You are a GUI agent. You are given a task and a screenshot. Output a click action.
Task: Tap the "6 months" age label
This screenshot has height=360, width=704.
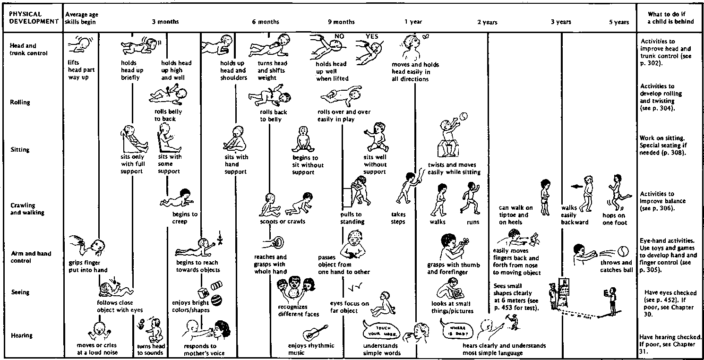pyautogui.click(x=265, y=22)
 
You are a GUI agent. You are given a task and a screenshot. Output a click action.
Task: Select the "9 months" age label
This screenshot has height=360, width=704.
pyautogui.click(x=341, y=22)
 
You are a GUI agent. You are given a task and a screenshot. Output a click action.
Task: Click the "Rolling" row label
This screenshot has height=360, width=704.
pyautogui.click(x=21, y=102)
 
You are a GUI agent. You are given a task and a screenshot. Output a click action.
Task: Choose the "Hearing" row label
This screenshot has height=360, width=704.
pyautogui.click(x=21, y=335)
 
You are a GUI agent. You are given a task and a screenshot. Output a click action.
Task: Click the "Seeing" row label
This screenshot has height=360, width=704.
pyautogui.click(x=20, y=292)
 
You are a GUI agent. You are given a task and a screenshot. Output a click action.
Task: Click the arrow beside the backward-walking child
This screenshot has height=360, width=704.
pyautogui.click(x=575, y=186)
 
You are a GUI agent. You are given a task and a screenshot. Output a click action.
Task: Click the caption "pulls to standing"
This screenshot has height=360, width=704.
pyautogui.click(x=351, y=218)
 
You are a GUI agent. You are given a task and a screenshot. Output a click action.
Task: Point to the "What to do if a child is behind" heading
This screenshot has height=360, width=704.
pyautogui.click(x=670, y=18)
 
